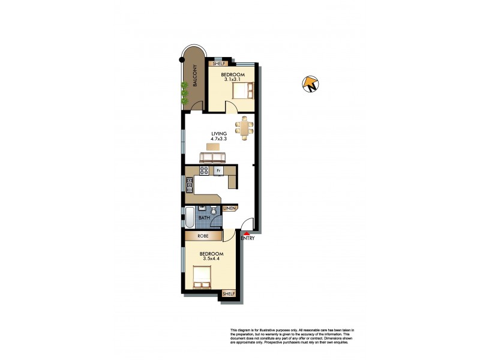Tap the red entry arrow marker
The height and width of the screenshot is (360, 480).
(245, 233)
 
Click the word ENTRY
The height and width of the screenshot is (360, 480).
(248, 239)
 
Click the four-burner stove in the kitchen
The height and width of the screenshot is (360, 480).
(203, 170)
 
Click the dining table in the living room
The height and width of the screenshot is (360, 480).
(245, 127)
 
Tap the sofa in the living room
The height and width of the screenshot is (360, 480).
(212, 157)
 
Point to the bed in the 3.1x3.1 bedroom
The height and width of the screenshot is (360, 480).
(243, 90)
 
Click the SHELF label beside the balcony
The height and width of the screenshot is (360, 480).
(216, 63)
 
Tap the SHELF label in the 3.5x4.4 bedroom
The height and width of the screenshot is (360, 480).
(229, 293)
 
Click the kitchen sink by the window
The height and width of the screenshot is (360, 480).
(189, 185)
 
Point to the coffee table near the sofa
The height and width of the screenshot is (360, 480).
(213, 146)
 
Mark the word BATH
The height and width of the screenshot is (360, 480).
(203, 218)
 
